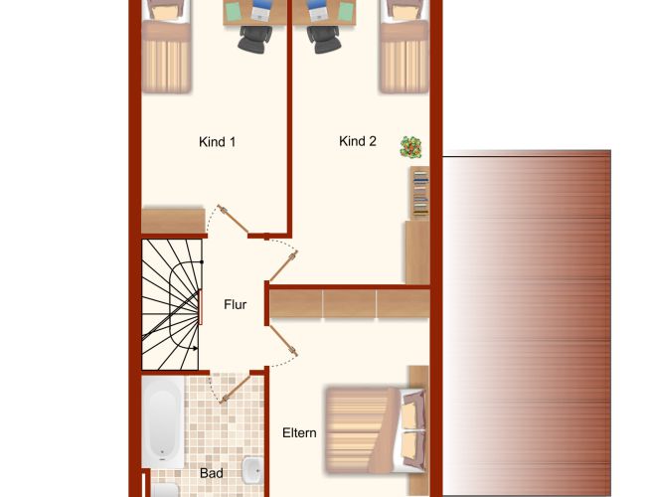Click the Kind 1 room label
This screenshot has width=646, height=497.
pyautogui.click(x=217, y=142)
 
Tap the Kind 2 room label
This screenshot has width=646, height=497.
pyautogui.click(x=358, y=141)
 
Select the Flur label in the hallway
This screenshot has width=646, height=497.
pyautogui.click(x=236, y=304)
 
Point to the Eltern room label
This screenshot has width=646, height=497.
pyautogui.click(x=299, y=432)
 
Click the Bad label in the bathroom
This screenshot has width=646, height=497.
pyautogui.click(x=212, y=473)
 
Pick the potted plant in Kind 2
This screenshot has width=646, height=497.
pyautogui.click(x=410, y=147)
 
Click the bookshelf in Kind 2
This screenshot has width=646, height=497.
pyautogui.click(x=419, y=193)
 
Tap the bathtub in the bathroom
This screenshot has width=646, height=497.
pyautogui.click(x=163, y=422)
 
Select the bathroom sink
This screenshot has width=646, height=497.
pyautogui.click(x=252, y=470)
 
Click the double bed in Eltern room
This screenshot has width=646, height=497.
pyautogui.click(x=376, y=429)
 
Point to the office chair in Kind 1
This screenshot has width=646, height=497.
pyautogui.click(x=255, y=40)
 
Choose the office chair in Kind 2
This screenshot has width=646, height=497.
pyautogui.click(x=324, y=40)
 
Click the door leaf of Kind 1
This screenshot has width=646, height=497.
pyautogui.click(x=234, y=220)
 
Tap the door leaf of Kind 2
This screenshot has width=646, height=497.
pyautogui.click(x=283, y=266)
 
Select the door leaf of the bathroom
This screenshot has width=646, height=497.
pyautogui.click(x=236, y=389)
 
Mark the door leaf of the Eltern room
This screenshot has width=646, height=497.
pyautogui.click(x=283, y=340)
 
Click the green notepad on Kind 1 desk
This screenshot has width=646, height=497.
pyautogui.click(x=234, y=11)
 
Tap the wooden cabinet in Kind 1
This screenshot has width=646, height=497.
pyautogui.click(x=174, y=222)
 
